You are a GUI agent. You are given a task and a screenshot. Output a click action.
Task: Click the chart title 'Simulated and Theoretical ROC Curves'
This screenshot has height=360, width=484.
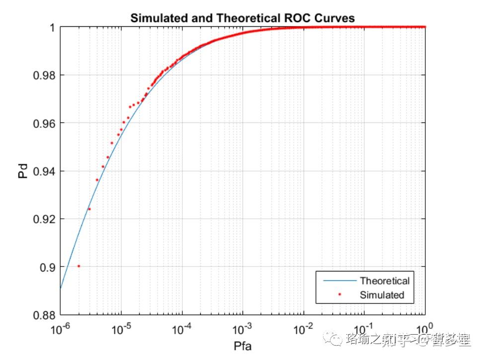coord(242,18)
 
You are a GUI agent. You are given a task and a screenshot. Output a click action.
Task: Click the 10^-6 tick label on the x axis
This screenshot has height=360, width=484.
coord(61,329)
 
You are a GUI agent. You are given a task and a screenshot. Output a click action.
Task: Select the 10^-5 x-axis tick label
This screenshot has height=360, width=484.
coord(121,329)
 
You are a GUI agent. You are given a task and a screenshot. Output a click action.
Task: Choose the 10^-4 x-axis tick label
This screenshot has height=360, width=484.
coord(182,329)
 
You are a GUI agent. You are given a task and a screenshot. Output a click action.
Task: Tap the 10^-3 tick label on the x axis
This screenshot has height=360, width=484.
coord(243,329)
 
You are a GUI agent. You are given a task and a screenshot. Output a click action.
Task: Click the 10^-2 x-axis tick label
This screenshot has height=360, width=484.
coord(304,329)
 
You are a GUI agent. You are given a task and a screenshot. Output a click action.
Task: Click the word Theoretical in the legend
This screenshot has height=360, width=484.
coord(385,281)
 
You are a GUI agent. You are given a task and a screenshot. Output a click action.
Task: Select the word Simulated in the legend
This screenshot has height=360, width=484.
coord(382,295)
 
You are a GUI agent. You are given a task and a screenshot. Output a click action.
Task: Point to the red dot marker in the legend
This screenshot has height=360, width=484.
coord(339,295)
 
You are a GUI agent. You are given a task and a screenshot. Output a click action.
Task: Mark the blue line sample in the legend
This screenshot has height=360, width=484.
coord(339,281)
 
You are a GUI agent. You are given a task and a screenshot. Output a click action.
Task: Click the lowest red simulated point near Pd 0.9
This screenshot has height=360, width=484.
coord(79,266)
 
